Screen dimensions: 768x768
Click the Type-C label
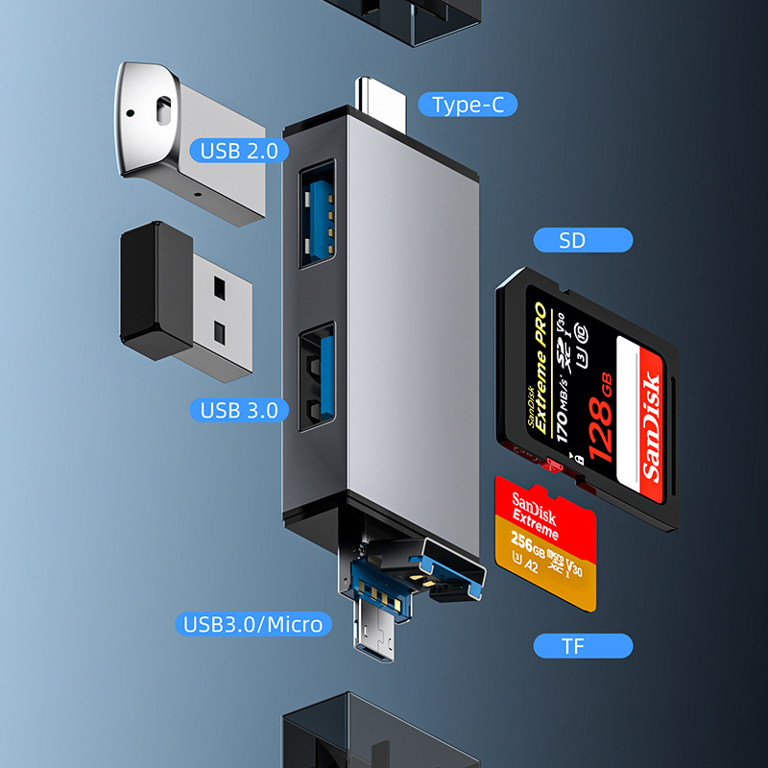pos(468,105)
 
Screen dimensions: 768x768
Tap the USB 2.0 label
pos(238,151)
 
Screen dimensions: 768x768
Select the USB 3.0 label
pos(239,410)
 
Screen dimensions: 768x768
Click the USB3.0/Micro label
pos(252,624)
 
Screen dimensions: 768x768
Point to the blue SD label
pos(571,240)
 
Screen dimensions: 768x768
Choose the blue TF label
pos(572,645)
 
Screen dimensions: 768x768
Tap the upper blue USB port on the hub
pos(318,214)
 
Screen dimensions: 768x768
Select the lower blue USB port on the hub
pos(318,375)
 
